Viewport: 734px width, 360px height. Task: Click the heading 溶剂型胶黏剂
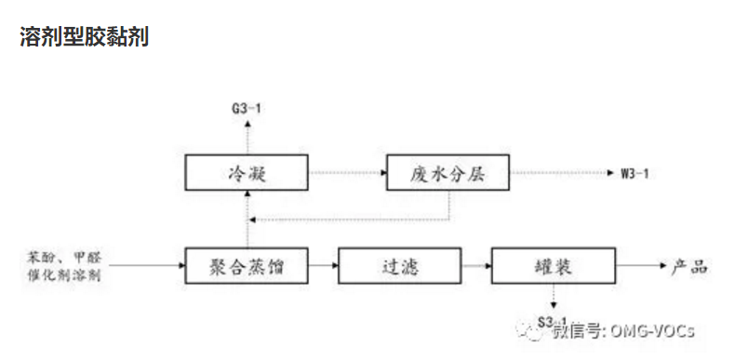pyautogui.click(x=83, y=38)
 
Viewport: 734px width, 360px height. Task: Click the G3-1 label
pyautogui.click(x=247, y=110)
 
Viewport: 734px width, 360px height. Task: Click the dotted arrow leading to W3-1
pyautogui.click(x=559, y=173)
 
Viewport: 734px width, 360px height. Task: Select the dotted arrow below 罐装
pyautogui.click(x=553, y=298)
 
